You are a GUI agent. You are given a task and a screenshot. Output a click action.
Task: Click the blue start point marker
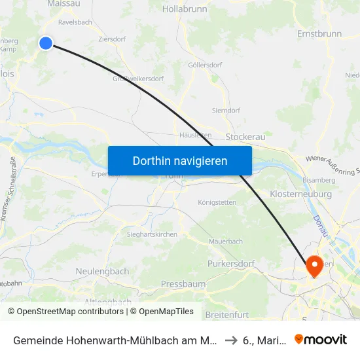pyautogui.click(x=45, y=43)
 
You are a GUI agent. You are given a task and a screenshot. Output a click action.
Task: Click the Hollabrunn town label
pyautogui.click(x=185, y=9)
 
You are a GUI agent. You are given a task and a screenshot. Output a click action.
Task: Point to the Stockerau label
pyautogui.click(x=245, y=137)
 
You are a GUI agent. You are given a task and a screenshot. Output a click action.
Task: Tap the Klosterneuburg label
pyautogui.click(x=300, y=194)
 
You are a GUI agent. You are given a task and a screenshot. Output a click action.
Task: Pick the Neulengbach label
pyautogui.click(x=101, y=271)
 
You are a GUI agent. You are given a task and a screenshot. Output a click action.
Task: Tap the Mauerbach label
pyautogui.click(x=225, y=242)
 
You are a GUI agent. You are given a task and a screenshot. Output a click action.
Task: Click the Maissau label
pyautogui.click(x=64, y=4)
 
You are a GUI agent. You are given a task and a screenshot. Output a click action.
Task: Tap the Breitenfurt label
pyautogui.click(x=226, y=315)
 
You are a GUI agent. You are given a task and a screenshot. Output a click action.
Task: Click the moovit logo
pyautogui.click(x=321, y=339)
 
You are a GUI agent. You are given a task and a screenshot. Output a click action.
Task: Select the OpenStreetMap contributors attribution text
pyautogui.click(x=67, y=312)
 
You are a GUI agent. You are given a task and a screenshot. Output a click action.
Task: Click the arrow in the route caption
pyautogui.click(x=232, y=339)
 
